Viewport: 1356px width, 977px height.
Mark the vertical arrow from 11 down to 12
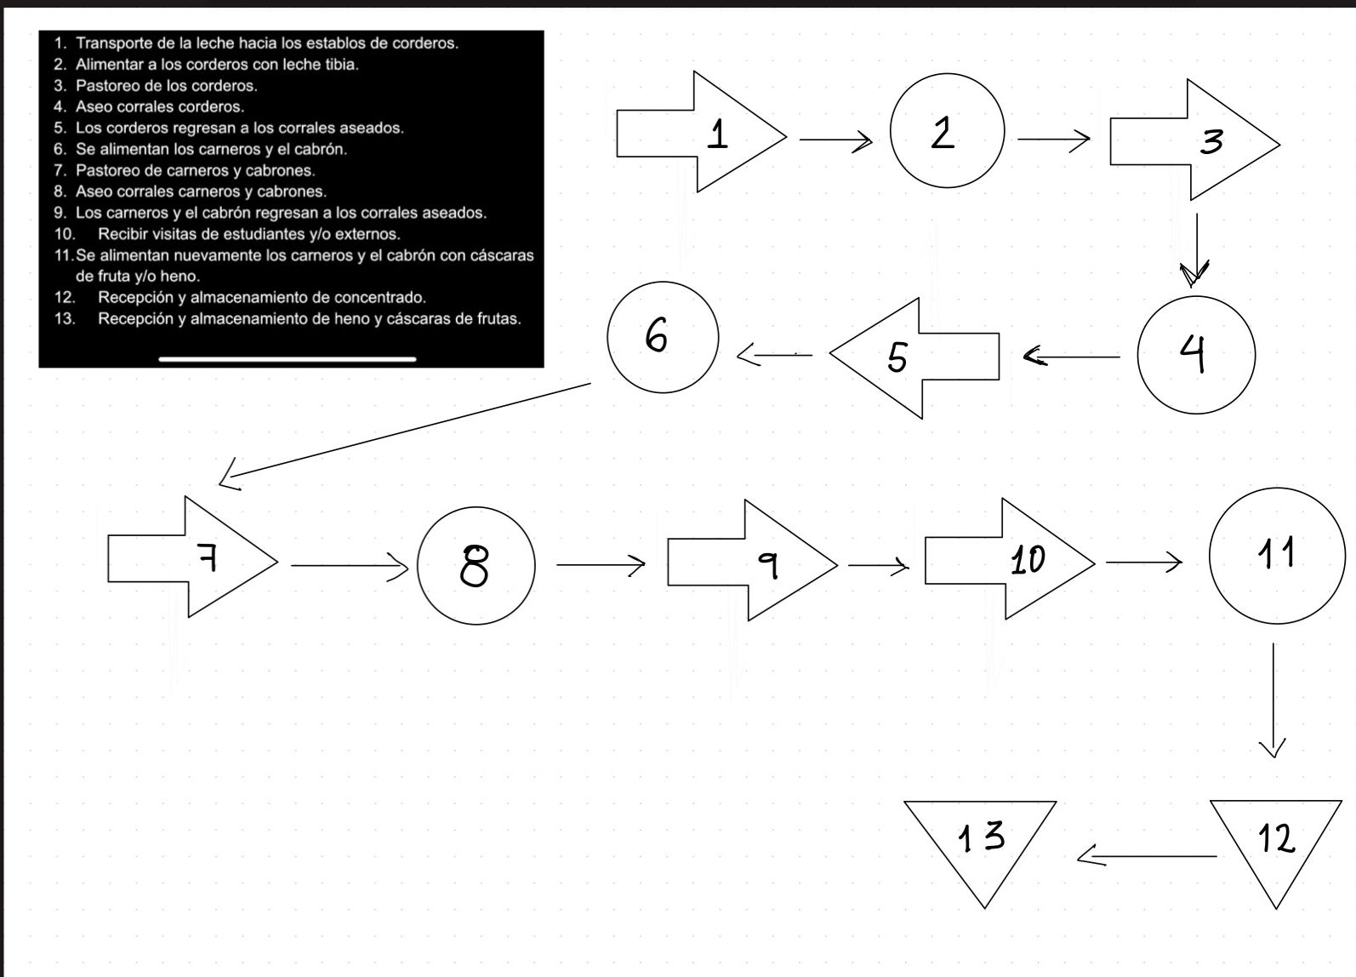pos(1273,700)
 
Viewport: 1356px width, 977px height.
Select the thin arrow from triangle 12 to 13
pos(1147,856)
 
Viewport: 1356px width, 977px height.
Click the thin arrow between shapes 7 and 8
pos(350,566)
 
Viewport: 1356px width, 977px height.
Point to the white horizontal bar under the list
pos(288,359)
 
